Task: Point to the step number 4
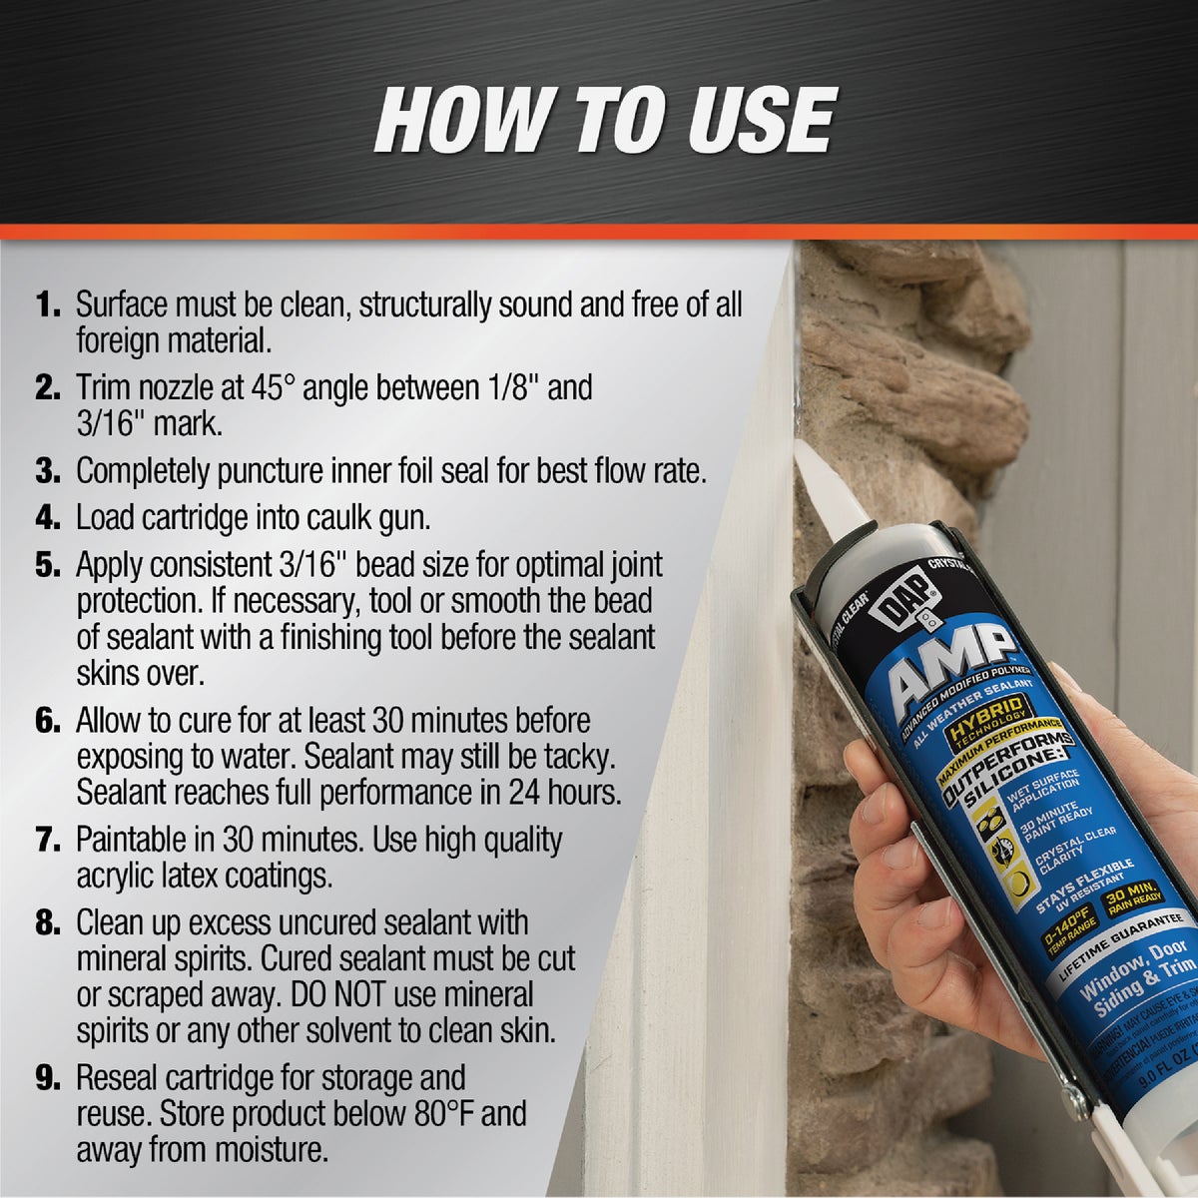coord(48,517)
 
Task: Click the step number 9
coord(48,1078)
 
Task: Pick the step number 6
coord(48,720)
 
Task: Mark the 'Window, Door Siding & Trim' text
coord(1138,977)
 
